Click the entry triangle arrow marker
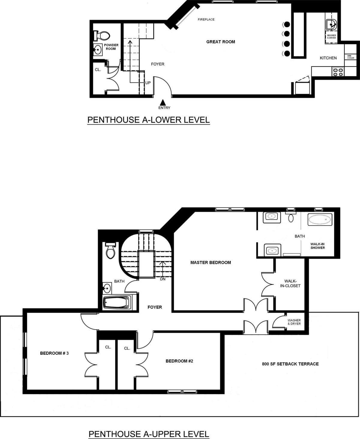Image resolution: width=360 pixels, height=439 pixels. [163, 102]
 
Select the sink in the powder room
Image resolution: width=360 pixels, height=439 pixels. [98, 50]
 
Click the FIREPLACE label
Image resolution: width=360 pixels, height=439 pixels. [206, 19]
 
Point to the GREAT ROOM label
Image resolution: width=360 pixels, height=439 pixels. [220, 42]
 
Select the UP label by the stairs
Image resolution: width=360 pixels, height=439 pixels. [148, 83]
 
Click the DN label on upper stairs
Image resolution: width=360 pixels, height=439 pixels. [163, 279]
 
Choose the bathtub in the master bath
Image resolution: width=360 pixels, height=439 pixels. [320, 220]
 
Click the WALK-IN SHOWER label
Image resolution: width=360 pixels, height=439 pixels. [317, 246]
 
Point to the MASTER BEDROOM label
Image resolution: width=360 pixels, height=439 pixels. [211, 263]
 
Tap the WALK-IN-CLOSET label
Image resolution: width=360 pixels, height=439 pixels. [290, 283]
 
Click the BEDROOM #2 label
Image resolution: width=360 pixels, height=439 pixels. [179, 361]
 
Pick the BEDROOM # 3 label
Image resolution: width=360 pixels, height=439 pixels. [54, 353]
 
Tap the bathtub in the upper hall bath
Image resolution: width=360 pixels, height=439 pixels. [117, 303]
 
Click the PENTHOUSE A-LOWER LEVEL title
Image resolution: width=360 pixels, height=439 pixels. [148, 120]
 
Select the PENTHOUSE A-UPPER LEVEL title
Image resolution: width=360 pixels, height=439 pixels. [149, 434]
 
